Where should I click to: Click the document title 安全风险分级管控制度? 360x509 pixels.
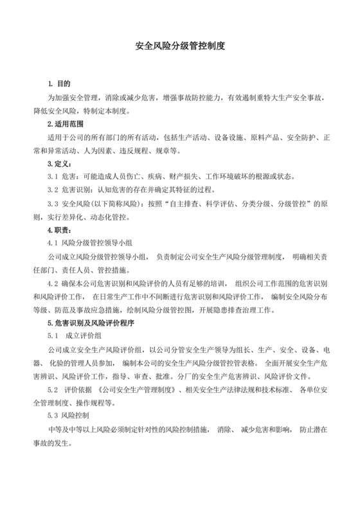point(179,47)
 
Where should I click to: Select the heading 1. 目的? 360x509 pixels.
point(59,84)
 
